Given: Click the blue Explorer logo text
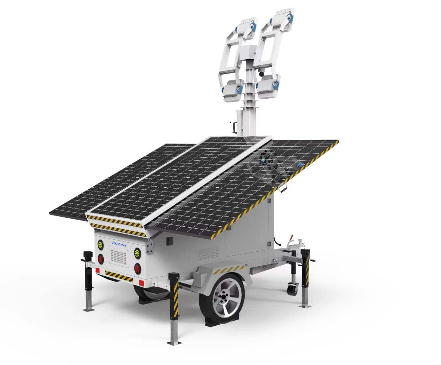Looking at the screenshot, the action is pyautogui.click(x=119, y=244).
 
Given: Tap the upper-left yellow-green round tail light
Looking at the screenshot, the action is pyautogui.click(x=100, y=244).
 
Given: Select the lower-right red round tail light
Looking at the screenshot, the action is pyautogui.click(x=138, y=268).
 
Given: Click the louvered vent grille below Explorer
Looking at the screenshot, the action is pyautogui.click(x=119, y=258).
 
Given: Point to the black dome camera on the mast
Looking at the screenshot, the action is pyautogui.click(x=261, y=74).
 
